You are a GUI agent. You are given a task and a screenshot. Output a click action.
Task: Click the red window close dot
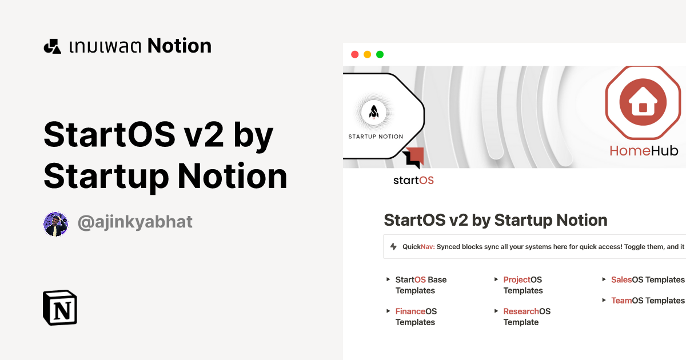pos(354,54)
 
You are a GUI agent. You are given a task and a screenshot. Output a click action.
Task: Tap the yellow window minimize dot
pos(367,54)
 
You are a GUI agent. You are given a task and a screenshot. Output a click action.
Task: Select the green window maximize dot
pos(380,54)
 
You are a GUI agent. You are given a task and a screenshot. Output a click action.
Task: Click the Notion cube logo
pos(59,307)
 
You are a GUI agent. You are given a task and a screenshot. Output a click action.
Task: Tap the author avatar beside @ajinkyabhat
pos(55,223)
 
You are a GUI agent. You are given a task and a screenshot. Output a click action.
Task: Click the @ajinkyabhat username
pos(135,222)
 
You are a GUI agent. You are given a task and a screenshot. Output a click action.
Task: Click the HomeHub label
pos(644,150)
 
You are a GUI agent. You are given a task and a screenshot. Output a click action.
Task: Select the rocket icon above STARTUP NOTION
pos(374,111)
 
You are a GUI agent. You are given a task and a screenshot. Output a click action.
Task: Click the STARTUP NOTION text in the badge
pos(376,137)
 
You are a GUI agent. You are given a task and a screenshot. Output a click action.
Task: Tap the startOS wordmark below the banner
pos(413,181)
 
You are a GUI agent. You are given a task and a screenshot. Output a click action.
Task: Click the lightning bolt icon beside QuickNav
pos(393,247)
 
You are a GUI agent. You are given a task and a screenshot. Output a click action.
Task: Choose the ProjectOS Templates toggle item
pos(523,285)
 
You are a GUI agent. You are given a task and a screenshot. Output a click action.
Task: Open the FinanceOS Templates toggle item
pos(416,317)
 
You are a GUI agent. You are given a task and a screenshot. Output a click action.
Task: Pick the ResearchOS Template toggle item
pos(527,317)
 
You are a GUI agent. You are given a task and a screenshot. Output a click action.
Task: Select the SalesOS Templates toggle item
pos(647,279)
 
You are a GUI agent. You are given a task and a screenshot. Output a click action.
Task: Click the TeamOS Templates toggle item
pos(647,301)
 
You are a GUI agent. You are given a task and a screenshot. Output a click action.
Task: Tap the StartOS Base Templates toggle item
pos(421,285)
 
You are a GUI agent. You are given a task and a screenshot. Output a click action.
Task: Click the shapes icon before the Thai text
pos(52,46)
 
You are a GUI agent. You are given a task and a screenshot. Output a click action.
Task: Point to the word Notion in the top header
pos(180,46)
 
